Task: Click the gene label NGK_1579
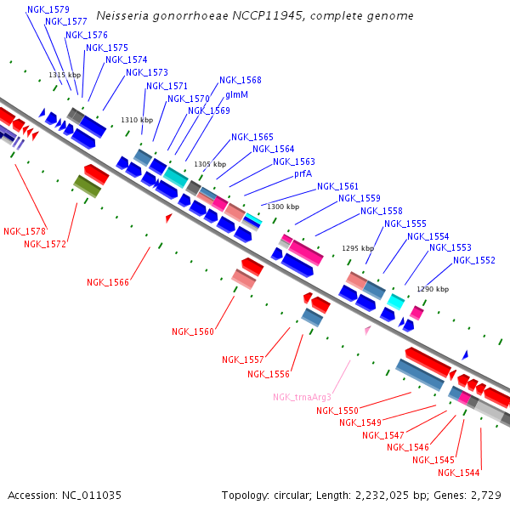click(x=48, y=9)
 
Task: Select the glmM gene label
click(x=236, y=95)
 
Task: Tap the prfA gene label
click(x=303, y=173)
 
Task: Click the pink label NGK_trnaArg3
click(x=302, y=397)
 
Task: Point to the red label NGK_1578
click(x=25, y=231)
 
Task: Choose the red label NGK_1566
click(x=108, y=282)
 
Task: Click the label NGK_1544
click(x=459, y=473)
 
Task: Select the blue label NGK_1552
click(x=474, y=260)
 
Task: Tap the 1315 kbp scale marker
click(x=65, y=76)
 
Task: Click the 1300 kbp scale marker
click(x=283, y=207)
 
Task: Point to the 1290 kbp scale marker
click(x=432, y=289)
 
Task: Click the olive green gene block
click(x=87, y=186)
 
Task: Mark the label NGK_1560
click(x=193, y=331)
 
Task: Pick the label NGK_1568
click(x=241, y=81)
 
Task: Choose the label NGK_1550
click(x=337, y=411)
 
